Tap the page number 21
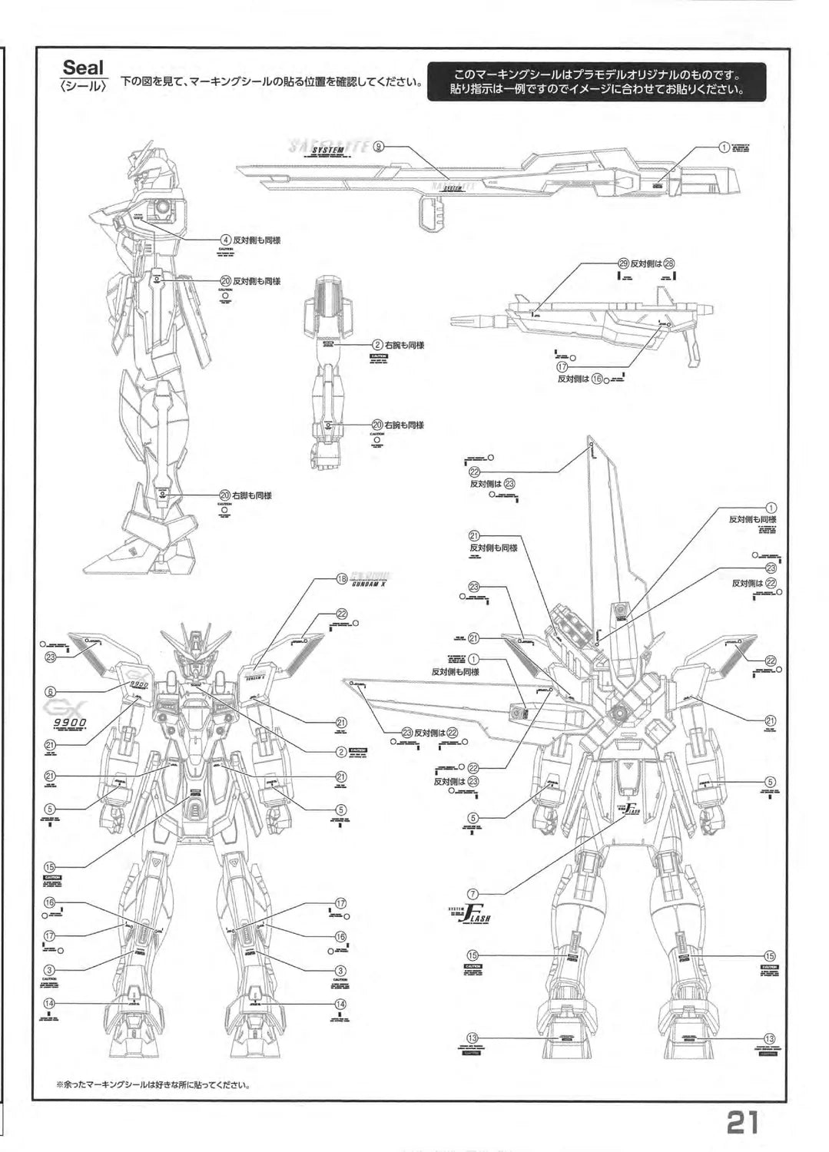[742, 1122]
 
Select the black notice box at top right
[598, 82]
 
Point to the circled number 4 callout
[225, 240]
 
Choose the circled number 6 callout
[50, 691]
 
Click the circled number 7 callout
[473, 894]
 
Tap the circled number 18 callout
[343, 580]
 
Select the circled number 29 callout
[623, 263]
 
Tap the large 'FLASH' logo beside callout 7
[476, 916]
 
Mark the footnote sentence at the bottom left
[154, 1085]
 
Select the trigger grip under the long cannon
[433, 212]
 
